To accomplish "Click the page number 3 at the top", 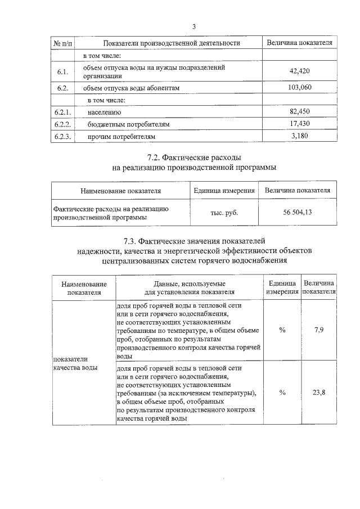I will (x=194, y=26).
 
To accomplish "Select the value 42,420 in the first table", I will (x=299, y=71).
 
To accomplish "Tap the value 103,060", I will (x=299, y=87).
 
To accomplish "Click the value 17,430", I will (x=299, y=123).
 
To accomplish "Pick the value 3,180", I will (x=299, y=136).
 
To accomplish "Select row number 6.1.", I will (x=62, y=71).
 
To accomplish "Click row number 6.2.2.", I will (x=62, y=124).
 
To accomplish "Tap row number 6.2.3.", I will (x=62, y=136).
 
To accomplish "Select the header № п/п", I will (x=62, y=43).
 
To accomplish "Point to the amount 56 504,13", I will (x=298, y=212).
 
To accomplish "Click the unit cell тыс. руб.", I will (x=223, y=213).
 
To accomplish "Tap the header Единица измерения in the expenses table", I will (x=223, y=191).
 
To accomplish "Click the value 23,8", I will (x=318, y=393).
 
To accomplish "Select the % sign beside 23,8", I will (x=282, y=393).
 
